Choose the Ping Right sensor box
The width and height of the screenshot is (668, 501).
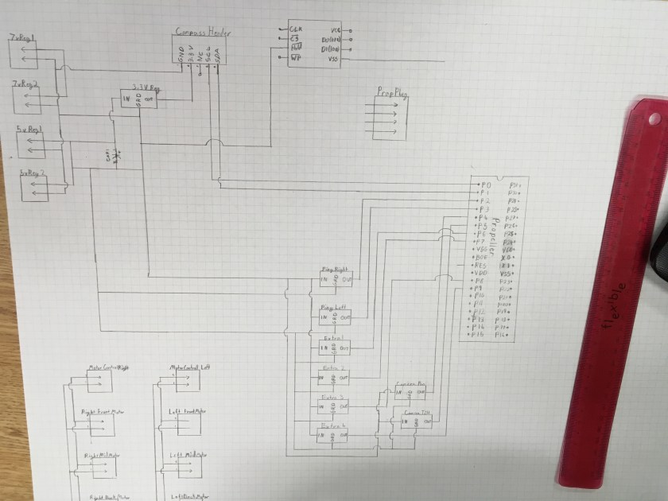[x=334, y=278]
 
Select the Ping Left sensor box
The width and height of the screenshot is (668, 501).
[x=334, y=316]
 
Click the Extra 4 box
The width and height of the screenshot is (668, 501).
[x=334, y=436]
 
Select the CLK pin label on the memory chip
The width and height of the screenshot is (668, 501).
[x=293, y=30]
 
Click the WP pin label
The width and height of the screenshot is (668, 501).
[x=294, y=58]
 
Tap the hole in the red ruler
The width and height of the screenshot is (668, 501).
[x=653, y=119]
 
